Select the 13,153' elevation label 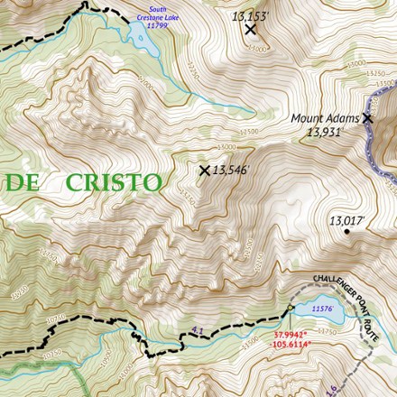click(250, 15)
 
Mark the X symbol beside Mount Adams click(367, 117)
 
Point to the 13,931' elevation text click(327, 132)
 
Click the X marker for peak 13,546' click(205, 170)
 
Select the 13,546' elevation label click(231, 170)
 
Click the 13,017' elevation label click(346, 220)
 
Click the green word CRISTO click(114, 182)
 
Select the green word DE click(25, 182)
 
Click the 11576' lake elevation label click(322, 309)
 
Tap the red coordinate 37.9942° click(291, 336)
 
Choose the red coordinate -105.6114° click(291, 345)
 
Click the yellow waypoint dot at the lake click(291, 309)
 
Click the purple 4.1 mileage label click(198, 331)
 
